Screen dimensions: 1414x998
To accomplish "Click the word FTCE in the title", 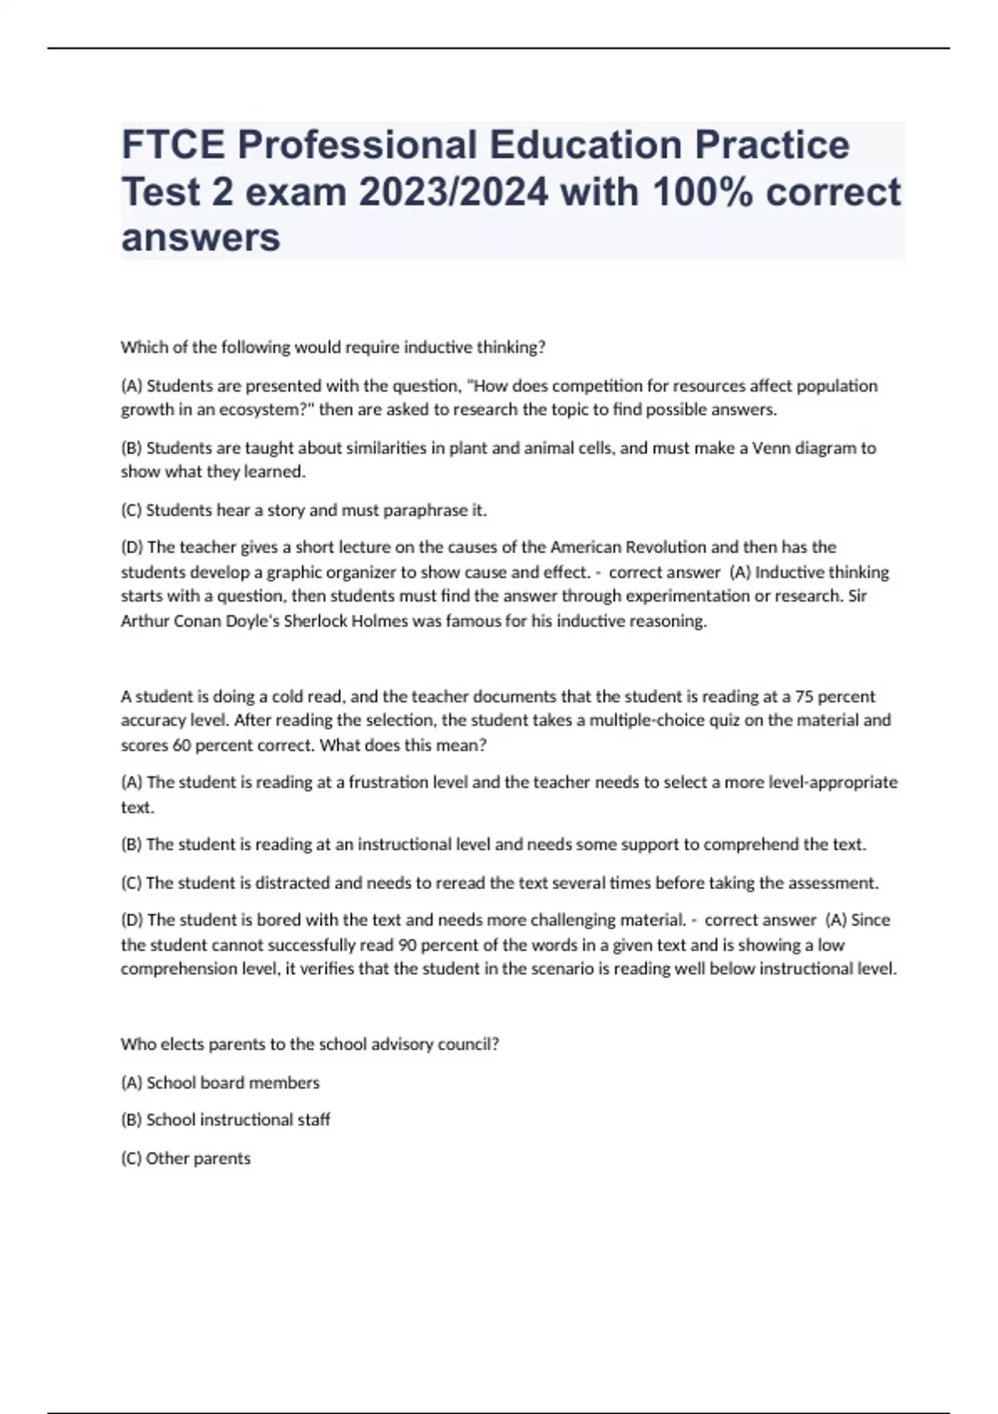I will tap(173, 145).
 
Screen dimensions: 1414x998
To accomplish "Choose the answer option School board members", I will tap(220, 1083).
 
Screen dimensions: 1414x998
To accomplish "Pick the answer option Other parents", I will tap(185, 1158).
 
